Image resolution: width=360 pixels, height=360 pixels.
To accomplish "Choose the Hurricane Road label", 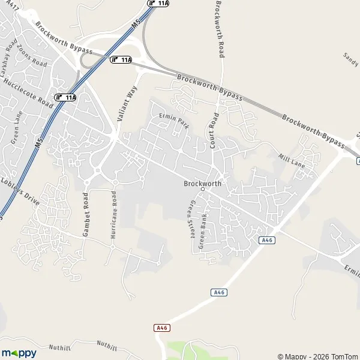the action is point(113,215).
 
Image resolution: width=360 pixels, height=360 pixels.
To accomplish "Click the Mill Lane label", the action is point(292,160).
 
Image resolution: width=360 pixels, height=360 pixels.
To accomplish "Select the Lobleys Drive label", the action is point(20,191).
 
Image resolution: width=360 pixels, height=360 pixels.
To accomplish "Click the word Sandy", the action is point(350,58).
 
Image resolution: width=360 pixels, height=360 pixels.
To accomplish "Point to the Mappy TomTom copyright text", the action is point(317,356).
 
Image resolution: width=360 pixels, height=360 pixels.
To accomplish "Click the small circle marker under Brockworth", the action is point(203,190).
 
